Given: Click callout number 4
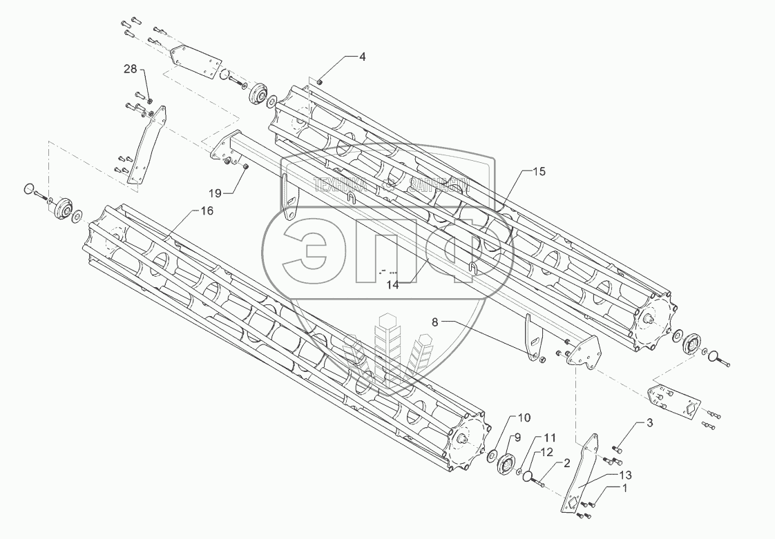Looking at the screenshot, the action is tap(362, 57).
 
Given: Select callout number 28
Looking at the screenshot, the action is tap(131, 69).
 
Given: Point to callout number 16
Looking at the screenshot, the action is tap(207, 212).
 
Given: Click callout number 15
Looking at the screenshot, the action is tap(539, 172).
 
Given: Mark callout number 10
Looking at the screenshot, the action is tap(524, 418).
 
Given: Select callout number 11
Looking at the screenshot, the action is tap(549, 438).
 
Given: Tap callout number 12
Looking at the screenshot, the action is tap(566, 453).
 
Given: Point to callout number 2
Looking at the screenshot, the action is tap(566, 464).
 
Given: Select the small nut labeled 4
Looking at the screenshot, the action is tap(321, 82).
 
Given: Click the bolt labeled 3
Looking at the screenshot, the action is tap(618, 450).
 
